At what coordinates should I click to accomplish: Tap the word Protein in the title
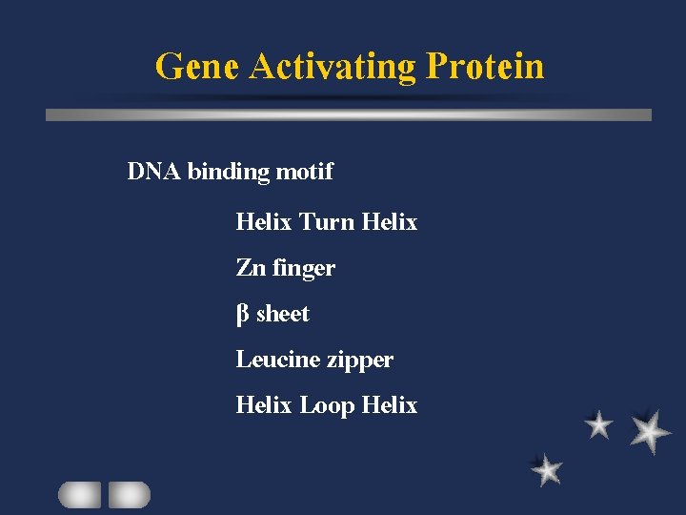pyautogui.click(x=486, y=67)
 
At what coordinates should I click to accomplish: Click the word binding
pyautogui.click(x=229, y=173)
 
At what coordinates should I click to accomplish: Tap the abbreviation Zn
pyautogui.click(x=251, y=268)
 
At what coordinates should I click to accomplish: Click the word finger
pyautogui.click(x=304, y=269)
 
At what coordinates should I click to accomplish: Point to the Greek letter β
pyautogui.click(x=242, y=314)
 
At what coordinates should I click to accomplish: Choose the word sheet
pyautogui.click(x=283, y=314)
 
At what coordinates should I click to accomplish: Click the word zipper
pyautogui.click(x=360, y=360)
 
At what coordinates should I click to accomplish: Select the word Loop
pyautogui.click(x=327, y=405)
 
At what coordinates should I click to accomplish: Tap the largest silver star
pyautogui.click(x=650, y=431)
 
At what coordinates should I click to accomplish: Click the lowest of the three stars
pyautogui.click(x=547, y=469)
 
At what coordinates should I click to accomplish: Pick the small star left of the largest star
pyautogui.click(x=598, y=424)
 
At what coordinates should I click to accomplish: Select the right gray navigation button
pyautogui.click(x=129, y=494)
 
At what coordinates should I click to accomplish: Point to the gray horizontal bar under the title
pyautogui.click(x=349, y=114)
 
